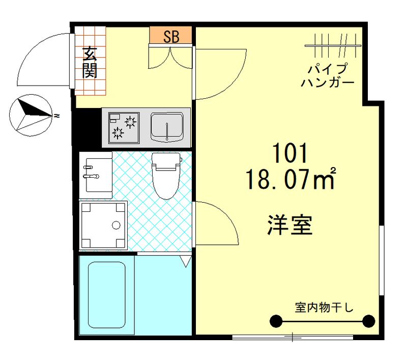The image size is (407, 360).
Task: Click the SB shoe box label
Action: [x=170, y=36]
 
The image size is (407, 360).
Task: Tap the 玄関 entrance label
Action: [x=90, y=62]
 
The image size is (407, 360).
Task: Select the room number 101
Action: [x=290, y=153]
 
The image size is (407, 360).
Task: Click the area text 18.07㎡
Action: [x=290, y=179]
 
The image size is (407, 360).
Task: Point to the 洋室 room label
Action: [x=289, y=225]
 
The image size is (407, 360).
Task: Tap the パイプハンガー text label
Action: [x=327, y=75]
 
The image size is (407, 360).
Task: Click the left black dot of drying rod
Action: [x=275, y=321]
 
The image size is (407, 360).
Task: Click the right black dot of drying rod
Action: [x=368, y=321]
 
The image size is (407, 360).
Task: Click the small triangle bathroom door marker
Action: [x=186, y=262]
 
